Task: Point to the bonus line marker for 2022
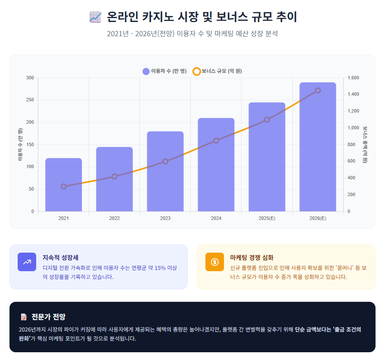[x=115, y=176]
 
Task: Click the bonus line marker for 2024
[x=216, y=141]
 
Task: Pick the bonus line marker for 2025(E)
[x=267, y=119]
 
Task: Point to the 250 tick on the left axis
[x=30, y=100]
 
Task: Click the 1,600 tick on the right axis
[x=353, y=78]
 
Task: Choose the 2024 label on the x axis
[x=216, y=218]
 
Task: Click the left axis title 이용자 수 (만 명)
[x=20, y=144]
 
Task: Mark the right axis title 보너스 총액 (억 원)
[x=365, y=144]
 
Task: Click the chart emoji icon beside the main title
[x=95, y=17]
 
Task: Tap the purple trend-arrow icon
[x=27, y=262]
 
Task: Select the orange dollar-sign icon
[x=214, y=262]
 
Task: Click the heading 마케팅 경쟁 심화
[x=252, y=257]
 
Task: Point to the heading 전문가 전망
[x=48, y=317]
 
